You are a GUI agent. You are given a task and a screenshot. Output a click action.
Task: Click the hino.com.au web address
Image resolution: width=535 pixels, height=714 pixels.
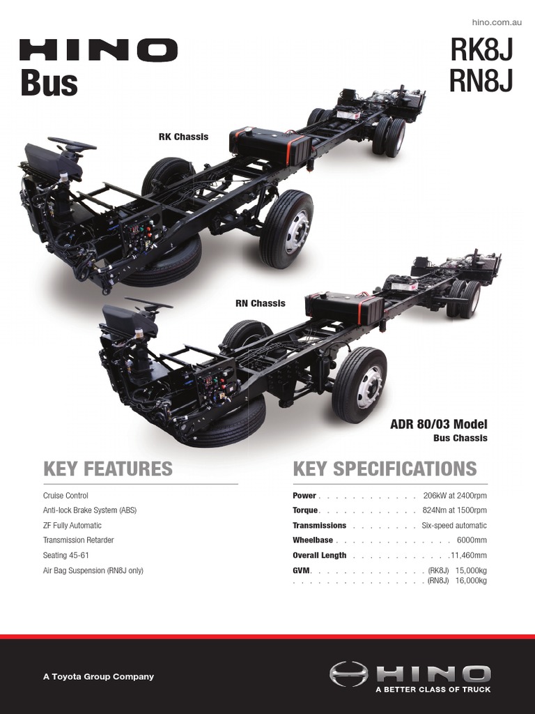pos(496,23)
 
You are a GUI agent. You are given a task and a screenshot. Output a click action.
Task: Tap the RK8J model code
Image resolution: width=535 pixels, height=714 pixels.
pos(481,50)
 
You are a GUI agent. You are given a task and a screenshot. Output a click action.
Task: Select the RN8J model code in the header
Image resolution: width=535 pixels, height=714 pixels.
pos(481,81)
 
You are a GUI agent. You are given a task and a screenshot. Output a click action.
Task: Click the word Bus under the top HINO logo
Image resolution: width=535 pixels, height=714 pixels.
pos(49,83)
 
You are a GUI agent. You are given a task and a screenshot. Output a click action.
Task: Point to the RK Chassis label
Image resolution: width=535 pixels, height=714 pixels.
pos(183,137)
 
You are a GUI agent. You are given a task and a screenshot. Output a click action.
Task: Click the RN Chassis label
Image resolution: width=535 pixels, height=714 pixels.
pos(260,303)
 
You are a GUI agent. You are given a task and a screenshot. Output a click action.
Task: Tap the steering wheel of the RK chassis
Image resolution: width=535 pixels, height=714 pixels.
pos(72,144)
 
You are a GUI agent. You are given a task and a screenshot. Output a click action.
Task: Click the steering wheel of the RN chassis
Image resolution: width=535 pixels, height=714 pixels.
pos(149,303)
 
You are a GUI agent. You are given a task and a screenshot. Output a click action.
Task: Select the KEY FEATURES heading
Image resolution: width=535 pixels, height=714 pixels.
pos(107,469)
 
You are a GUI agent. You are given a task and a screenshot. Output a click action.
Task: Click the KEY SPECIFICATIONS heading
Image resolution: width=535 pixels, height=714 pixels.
pos(385,469)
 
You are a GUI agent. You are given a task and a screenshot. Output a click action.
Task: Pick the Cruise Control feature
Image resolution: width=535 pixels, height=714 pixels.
pos(65,496)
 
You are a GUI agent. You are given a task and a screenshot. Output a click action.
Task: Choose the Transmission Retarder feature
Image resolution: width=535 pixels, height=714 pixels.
pos(78,540)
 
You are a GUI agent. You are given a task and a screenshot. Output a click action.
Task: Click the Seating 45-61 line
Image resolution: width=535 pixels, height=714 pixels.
pos(66,556)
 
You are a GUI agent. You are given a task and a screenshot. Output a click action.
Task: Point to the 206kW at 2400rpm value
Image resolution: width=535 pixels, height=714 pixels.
pos(455,496)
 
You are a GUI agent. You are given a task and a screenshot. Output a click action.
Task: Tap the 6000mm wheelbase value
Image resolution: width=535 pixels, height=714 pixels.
pos(472,540)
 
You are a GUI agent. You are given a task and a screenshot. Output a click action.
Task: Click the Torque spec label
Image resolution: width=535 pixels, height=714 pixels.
pos(305,510)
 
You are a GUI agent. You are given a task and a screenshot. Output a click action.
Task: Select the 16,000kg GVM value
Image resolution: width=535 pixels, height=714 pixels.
pos(471,580)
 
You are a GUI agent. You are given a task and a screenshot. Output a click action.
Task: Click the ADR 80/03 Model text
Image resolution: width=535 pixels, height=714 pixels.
pos(439,425)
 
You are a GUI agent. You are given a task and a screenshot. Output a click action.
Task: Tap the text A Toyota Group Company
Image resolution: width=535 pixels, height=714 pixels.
pos(98,676)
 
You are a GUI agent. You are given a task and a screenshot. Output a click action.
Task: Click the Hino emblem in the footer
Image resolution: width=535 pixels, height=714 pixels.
pos(348,674)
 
